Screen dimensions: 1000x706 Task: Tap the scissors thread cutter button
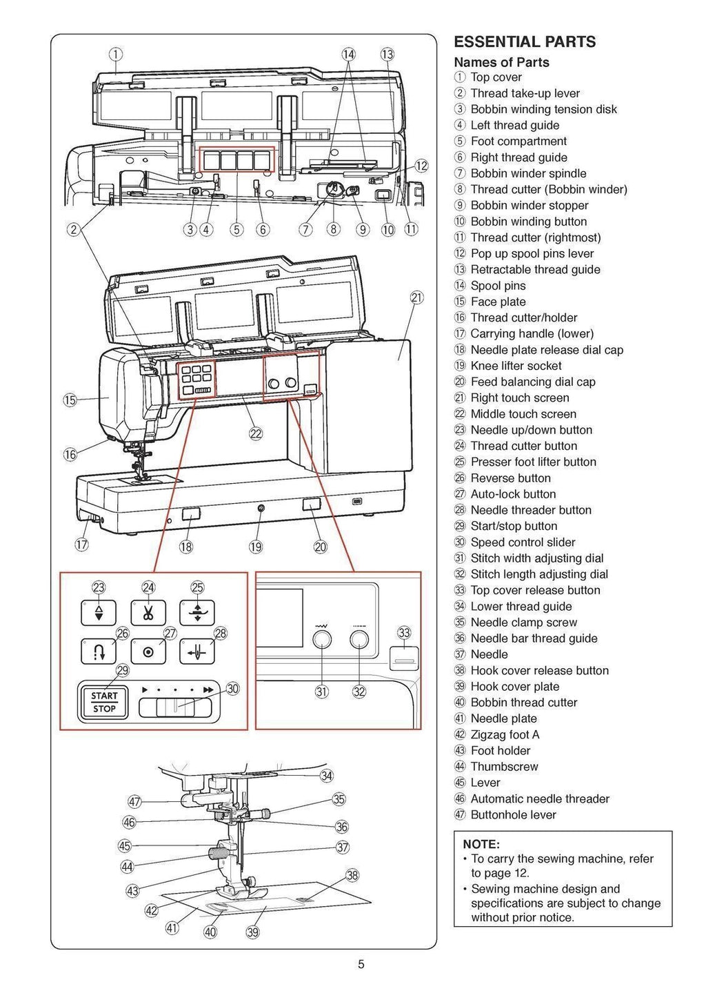pyautogui.click(x=149, y=612)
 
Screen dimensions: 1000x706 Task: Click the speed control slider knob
pyautogui.click(x=175, y=707)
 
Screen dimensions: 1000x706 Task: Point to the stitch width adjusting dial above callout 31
pyautogui.click(x=322, y=640)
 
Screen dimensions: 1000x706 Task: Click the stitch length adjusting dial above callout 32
pyautogui.click(x=359, y=640)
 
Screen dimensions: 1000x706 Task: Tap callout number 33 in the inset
pyautogui.click(x=404, y=633)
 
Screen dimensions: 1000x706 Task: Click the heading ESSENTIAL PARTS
pyautogui.click(x=525, y=42)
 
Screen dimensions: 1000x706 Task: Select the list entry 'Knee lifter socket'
pyautogui.click(x=516, y=366)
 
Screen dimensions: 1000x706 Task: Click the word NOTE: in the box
pyautogui.click(x=481, y=844)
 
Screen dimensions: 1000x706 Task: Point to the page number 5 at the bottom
pyautogui.click(x=361, y=965)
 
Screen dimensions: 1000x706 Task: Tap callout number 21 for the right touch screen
pyautogui.click(x=416, y=297)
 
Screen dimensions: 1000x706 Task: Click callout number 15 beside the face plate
pyautogui.click(x=70, y=400)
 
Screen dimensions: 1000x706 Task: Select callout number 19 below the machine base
pyautogui.click(x=256, y=547)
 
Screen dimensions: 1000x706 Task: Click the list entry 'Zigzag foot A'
pyautogui.click(x=505, y=734)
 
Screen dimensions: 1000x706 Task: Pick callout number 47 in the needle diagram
pyautogui.click(x=135, y=801)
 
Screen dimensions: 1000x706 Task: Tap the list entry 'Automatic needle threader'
pyautogui.click(x=540, y=798)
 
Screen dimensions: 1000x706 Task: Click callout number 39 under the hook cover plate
pyautogui.click(x=252, y=932)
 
